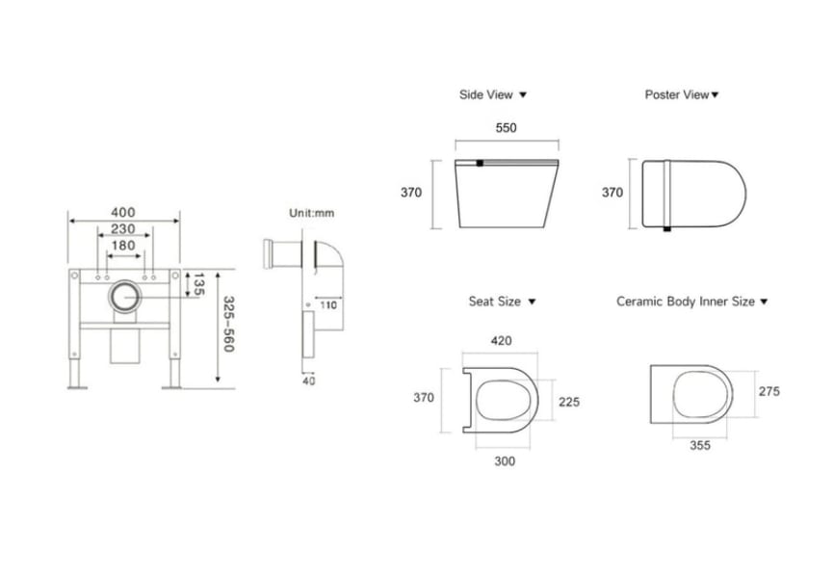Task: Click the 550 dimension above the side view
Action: click(506, 127)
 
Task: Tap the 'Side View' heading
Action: click(492, 94)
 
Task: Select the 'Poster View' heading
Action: click(682, 94)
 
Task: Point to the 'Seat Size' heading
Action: click(501, 302)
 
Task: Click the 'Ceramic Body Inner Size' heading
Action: click(691, 302)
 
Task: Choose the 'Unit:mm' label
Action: click(311, 213)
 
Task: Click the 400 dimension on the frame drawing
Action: click(122, 212)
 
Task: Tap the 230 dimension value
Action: click(122, 229)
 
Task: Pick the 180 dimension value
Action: click(122, 246)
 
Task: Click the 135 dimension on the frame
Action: click(198, 285)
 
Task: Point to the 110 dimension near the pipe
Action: click(327, 305)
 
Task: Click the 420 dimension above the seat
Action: click(501, 341)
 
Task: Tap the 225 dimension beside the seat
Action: click(569, 402)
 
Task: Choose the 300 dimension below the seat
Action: click(505, 460)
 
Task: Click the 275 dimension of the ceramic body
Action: click(769, 391)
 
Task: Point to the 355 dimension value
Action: click(700, 445)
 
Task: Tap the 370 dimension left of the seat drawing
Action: click(423, 397)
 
